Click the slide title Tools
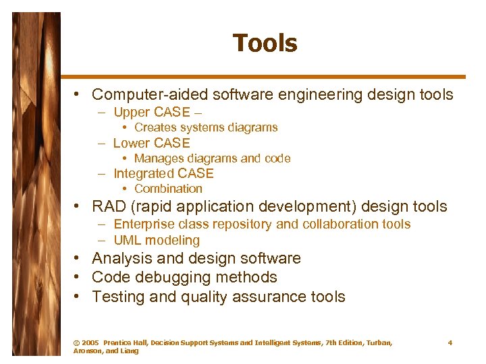[x=265, y=44]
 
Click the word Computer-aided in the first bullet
[x=142, y=94]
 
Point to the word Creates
[x=155, y=127]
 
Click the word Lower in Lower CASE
[x=132, y=143]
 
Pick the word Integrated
[x=143, y=173]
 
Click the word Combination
[x=168, y=189]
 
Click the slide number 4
[x=450, y=343]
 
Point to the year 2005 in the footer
[x=89, y=343]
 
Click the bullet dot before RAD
[x=79, y=206]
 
